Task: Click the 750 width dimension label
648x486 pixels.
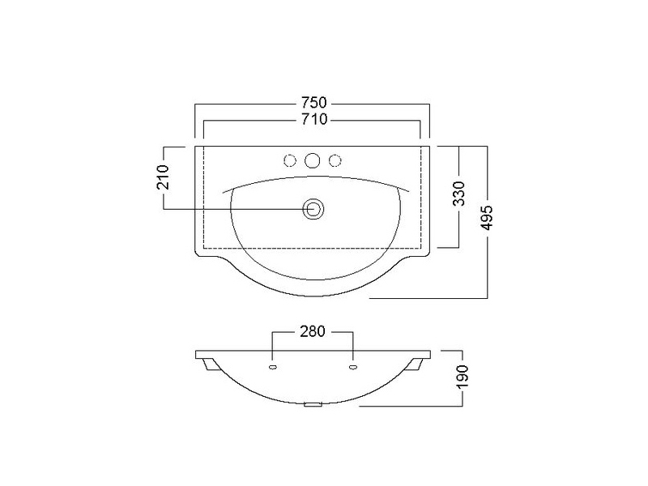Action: click(x=313, y=102)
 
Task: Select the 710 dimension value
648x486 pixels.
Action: click(x=314, y=119)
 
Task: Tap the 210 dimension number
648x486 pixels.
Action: click(x=164, y=177)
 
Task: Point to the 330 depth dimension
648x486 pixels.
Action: click(x=458, y=194)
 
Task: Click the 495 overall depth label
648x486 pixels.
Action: click(x=488, y=217)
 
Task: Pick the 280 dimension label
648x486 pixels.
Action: click(x=313, y=331)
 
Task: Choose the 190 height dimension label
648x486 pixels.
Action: click(x=463, y=376)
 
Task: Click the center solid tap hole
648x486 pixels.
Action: click(x=313, y=160)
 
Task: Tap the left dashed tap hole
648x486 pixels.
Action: click(x=290, y=160)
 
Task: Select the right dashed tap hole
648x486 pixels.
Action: click(x=335, y=160)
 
